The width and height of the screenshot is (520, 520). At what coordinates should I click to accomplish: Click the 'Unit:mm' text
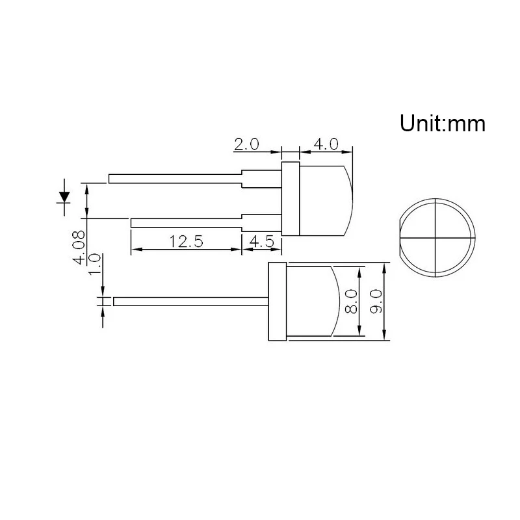[442, 123]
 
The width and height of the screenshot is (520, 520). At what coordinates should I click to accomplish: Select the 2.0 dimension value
[246, 144]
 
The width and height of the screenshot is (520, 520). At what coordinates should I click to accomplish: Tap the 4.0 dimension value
[326, 144]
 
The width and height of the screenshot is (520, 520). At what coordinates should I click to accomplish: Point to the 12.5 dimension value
[187, 242]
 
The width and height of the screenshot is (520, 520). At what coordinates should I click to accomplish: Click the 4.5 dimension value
[261, 242]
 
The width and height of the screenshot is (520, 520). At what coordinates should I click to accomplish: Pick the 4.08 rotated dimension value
[80, 247]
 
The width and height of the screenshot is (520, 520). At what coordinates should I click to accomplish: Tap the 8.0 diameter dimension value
[352, 302]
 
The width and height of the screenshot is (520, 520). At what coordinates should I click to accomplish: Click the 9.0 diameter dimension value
[375, 302]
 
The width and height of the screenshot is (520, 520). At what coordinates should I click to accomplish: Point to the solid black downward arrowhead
[64, 195]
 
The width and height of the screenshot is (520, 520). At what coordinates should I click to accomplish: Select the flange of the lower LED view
[276, 302]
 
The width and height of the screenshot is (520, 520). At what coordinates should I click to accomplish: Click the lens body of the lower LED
[312, 302]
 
